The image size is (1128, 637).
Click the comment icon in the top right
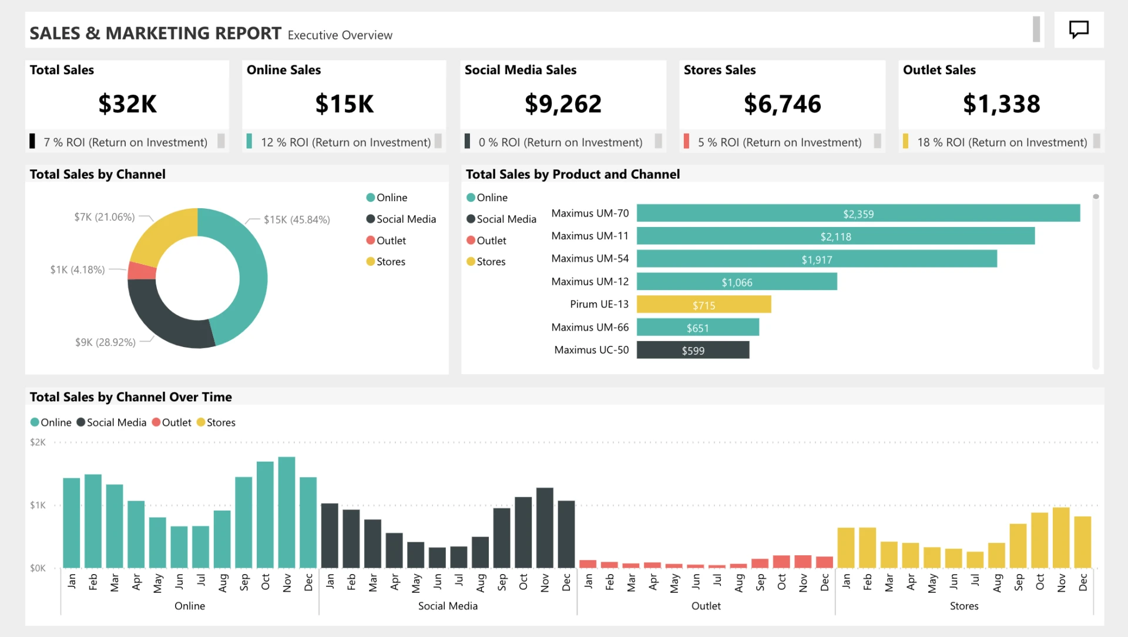click(1079, 29)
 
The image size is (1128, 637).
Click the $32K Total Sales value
click(127, 104)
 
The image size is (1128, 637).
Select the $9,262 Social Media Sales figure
click(563, 104)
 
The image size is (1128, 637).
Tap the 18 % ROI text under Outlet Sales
click(1002, 142)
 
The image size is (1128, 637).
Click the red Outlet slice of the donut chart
click(142, 271)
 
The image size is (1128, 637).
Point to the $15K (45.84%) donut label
click(297, 220)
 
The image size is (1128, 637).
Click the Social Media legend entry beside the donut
click(405, 219)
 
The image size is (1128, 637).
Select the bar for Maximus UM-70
click(858, 214)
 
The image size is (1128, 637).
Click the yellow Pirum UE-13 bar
click(703, 305)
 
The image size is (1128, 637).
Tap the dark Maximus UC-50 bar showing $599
click(693, 351)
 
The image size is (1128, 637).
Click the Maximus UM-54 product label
click(589, 259)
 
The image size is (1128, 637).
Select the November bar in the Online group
click(287, 512)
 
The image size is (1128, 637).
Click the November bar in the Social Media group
click(545, 528)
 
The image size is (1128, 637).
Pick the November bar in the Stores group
click(1061, 537)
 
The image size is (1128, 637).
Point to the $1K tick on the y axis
click(38, 505)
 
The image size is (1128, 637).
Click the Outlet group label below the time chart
click(706, 606)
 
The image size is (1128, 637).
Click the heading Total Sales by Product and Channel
click(572, 174)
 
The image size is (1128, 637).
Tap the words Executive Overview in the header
click(340, 35)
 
